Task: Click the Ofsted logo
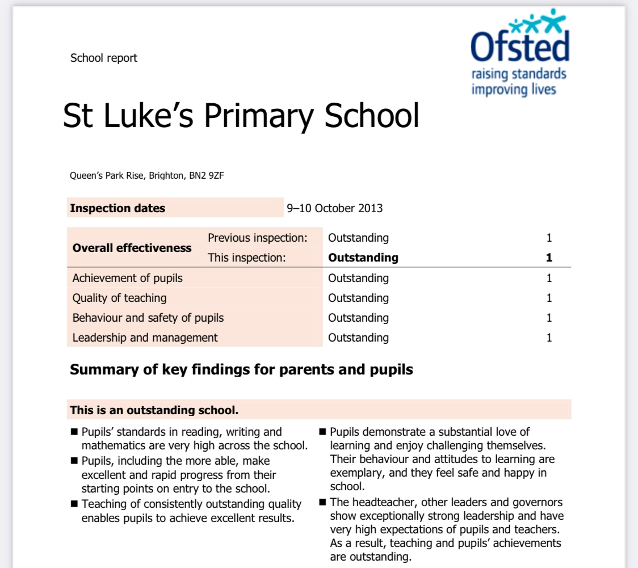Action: [520, 45]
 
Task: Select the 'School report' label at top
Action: [104, 58]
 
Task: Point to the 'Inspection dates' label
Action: [117, 208]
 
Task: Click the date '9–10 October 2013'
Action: [335, 208]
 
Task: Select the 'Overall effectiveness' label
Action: [132, 248]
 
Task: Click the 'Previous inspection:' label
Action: [258, 238]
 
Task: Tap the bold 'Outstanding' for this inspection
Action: [363, 258]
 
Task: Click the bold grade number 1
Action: [549, 258]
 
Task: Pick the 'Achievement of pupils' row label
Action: [128, 278]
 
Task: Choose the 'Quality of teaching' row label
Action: [120, 298]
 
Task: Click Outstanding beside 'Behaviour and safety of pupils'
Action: [358, 318]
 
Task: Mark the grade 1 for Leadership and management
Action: [549, 338]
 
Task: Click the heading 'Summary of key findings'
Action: [241, 370]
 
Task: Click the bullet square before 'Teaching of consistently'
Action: [74, 504]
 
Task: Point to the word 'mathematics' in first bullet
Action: [111, 445]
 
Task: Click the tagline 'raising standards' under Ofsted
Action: [519, 74]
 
